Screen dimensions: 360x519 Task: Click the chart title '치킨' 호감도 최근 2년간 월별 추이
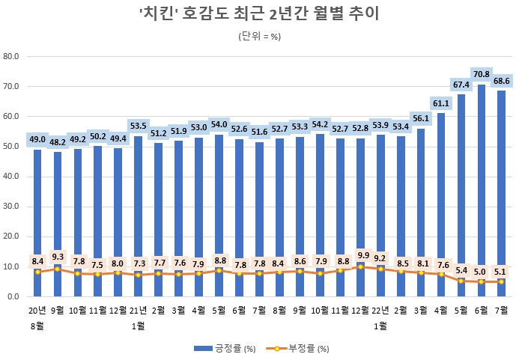tap(259, 15)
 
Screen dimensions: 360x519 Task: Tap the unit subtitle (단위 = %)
tap(259, 36)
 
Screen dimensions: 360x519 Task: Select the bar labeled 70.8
tap(481, 187)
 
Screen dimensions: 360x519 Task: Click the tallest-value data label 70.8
tap(481, 74)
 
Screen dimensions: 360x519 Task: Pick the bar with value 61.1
tap(440, 202)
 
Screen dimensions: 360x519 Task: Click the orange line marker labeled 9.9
tap(360, 266)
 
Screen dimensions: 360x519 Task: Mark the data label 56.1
tap(420, 118)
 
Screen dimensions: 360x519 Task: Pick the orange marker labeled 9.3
tap(58, 269)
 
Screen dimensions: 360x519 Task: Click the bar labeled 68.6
tap(501, 191)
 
